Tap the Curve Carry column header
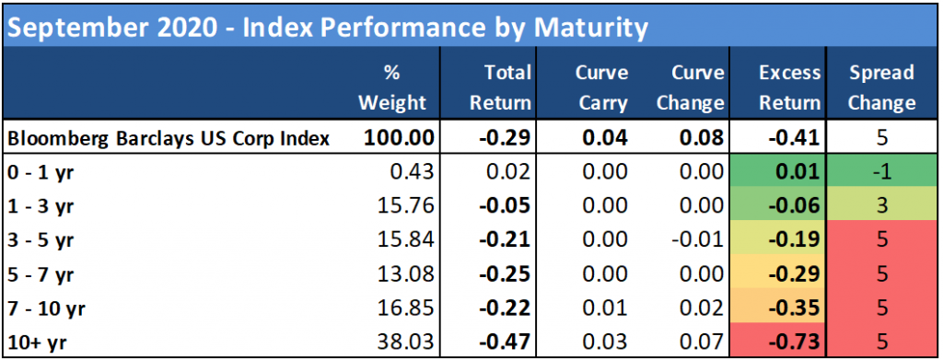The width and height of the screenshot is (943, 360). (x=602, y=87)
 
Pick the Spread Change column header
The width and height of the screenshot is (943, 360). (x=881, y=87)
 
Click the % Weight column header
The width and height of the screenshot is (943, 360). (x=392, y=87)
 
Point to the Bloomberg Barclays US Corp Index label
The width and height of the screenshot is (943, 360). (x=169, y=138)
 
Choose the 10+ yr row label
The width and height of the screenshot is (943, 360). (x=37, y=343)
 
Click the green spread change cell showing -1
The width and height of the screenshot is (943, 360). (x=881, y=172)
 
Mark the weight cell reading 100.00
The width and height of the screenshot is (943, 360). (x=398, y=138)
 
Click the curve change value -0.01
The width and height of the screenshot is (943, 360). (x=694, y=240)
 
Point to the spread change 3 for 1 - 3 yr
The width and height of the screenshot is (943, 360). (x=881, y=206)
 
